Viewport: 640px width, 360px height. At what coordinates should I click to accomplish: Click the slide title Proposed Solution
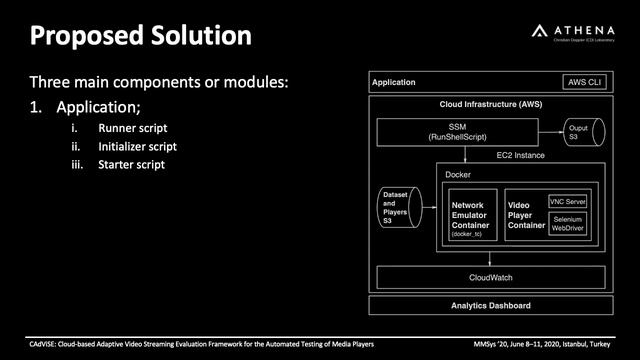click(139, 36)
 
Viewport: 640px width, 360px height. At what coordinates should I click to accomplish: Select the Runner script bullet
click(132, 128)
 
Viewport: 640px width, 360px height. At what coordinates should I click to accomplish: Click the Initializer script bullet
click(137, 146)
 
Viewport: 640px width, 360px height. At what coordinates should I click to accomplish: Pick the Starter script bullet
click(131, 164)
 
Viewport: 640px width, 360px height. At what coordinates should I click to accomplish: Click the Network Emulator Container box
click(470, 219)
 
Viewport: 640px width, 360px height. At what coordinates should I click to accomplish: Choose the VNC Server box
click(569, 201)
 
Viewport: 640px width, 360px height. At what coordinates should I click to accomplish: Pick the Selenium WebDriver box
click(569, 225)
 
